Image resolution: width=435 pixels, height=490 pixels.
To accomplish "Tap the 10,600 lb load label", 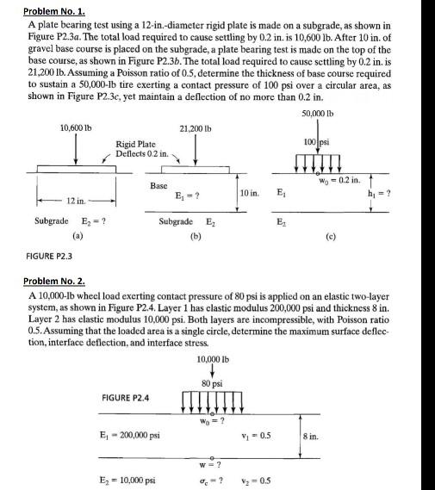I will tap(78, 128).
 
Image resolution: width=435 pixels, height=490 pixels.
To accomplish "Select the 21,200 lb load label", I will tap(196, 128).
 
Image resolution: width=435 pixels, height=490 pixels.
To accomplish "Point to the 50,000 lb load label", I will tap(319, 115).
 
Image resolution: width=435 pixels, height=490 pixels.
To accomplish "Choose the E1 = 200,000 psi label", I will tap(130, 435).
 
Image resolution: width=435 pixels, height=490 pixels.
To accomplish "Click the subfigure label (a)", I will tap(78, 233).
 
